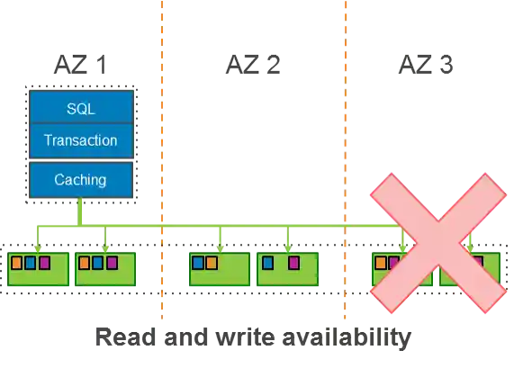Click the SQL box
click(81, 109)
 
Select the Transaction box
click(81, 140)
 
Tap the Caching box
click(81, 179)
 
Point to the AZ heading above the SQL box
click(81, 65)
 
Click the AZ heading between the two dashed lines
click(251, 65)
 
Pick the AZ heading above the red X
click(424, 65)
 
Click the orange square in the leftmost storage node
click(16, 264)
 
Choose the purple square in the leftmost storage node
click(44, 264)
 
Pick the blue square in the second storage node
click(97, 264)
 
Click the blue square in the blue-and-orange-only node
click(197, 264)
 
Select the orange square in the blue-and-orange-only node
click(211, 264)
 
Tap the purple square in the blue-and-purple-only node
click(293, 264)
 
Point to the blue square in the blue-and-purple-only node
click(266, 264)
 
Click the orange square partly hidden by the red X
click(381, 264)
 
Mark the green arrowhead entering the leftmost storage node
click(37, 246)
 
